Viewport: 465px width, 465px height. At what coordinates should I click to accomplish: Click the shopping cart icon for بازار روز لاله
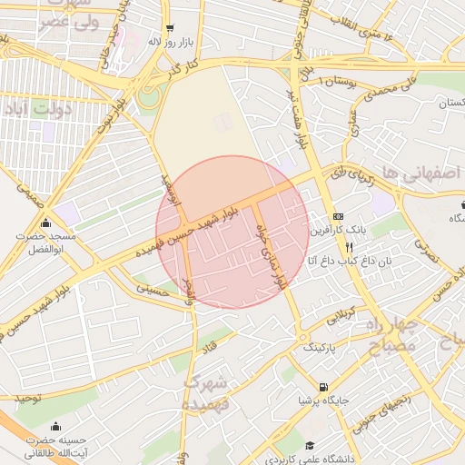pyautogui.click(x=170, y=29)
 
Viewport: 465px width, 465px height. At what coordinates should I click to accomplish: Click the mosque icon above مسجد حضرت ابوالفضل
pyautogui.click(x=45, y=224)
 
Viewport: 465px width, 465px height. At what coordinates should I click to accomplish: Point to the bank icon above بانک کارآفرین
pyautogui.click(x=338, y=216)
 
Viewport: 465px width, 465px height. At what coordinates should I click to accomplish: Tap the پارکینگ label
pyautogui.click(x=319, y=347)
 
